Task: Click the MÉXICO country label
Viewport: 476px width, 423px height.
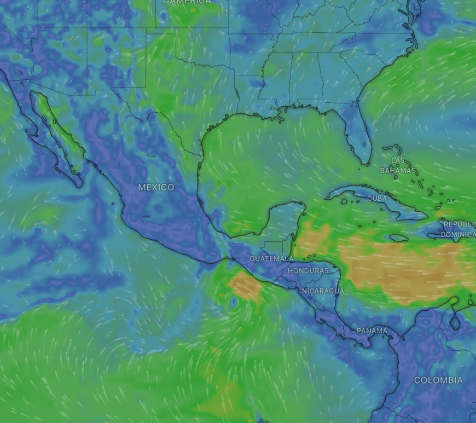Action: pos(156,187)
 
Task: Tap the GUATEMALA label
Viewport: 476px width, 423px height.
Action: pos(271,258)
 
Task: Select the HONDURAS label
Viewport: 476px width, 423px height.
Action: pos(308,271)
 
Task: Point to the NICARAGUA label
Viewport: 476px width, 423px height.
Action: pos(323,291)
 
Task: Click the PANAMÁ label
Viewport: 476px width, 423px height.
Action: pos(372,331)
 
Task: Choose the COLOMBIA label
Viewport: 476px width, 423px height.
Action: pos(438,380)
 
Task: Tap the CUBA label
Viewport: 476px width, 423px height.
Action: pos(377,198)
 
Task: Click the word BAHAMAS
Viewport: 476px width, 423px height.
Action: pos(398,170)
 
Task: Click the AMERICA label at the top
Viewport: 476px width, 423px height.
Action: pos(190,2)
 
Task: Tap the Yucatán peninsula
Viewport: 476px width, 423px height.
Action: pos(285,219)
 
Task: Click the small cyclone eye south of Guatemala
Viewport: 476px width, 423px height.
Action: pos(234,302)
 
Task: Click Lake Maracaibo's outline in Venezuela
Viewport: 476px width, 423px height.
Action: pos(455,320)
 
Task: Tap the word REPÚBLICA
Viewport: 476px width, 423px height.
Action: pos(460,224)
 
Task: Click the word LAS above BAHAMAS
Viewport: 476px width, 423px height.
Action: pos(398,160)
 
